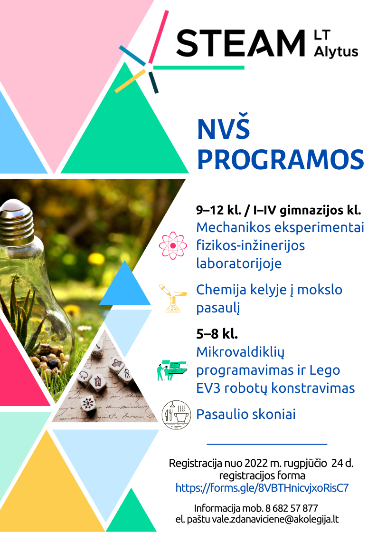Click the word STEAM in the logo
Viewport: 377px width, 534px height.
coord(241,43)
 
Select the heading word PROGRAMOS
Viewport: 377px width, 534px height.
coord(281,159)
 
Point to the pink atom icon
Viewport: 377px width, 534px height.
coord(173,245)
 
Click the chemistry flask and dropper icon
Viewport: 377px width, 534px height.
coord(173,298)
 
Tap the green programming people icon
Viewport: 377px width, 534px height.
coord(172,370)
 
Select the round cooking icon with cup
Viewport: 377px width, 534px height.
coord(176,415)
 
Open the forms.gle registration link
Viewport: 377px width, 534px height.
coord(262,488)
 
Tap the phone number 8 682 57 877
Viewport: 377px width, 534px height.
coord(292,508)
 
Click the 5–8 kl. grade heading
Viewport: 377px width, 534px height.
coord(217,334)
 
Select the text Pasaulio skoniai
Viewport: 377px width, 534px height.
coord(246,415)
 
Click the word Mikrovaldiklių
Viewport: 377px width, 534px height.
coord(240,352)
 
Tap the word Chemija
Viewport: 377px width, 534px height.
coord(221,290)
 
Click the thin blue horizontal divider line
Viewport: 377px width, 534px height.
coord(267,444)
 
